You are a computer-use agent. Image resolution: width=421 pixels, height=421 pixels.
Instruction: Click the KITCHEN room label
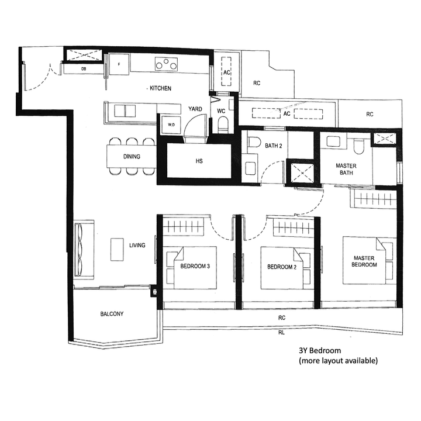pyautogui.click(x=160, y=88)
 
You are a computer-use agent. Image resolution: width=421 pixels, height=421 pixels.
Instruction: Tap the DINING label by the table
pyautogui.click(x=131, y=157)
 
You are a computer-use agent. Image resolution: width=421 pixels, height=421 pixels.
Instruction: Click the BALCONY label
pyautogui.click(x=112, y=314)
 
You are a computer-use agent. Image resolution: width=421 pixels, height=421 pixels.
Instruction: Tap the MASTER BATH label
pyautogui.click(x=346, y=170)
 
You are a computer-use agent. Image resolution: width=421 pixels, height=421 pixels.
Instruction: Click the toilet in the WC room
pyautogui.click(x=222, y=123)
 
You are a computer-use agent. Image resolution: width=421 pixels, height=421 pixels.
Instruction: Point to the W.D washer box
pyautogui.click(x=171, y=125)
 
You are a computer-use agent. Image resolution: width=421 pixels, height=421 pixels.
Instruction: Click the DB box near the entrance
pyautogui.click(x=83, y=70)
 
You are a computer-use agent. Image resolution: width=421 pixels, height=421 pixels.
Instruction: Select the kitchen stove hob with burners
pyautogui.click(x=167, y=64)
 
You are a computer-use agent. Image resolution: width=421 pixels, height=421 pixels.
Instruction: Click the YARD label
pyautogui.click(x=195, y=109)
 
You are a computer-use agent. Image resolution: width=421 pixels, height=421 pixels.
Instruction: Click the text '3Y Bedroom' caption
pyautogui.click(x=320, y=350)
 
